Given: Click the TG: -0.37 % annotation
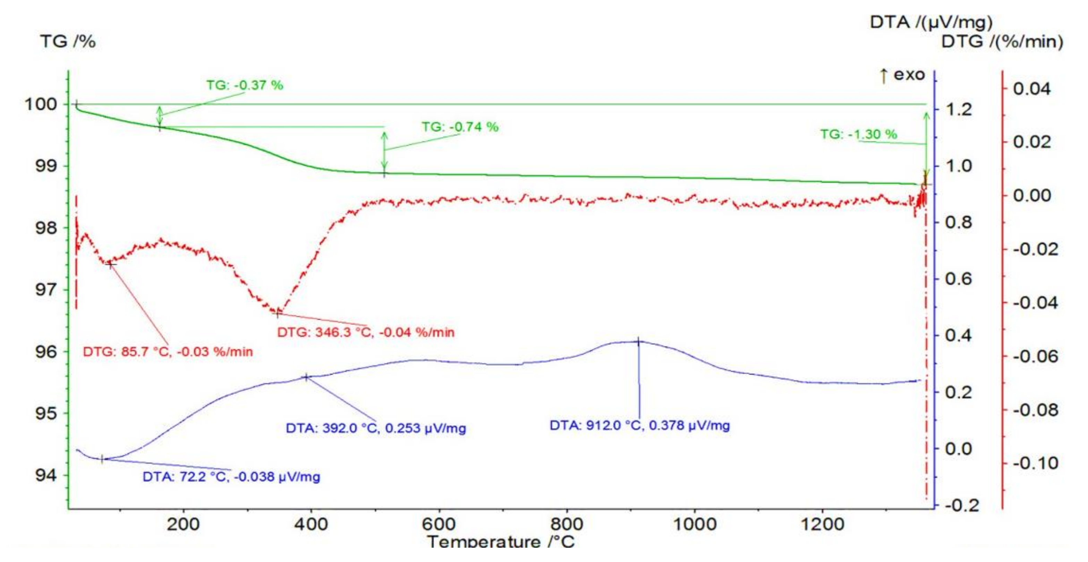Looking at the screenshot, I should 245,85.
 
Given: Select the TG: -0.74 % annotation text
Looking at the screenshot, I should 460,127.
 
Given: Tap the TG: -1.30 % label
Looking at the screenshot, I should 858,135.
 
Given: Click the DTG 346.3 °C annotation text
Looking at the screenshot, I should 366,332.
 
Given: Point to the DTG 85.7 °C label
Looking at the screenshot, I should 168,352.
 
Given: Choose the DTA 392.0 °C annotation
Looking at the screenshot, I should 376,428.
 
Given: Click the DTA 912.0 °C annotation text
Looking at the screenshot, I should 639,425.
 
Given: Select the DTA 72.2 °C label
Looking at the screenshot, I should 231,477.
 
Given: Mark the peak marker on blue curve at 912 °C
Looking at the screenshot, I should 639,342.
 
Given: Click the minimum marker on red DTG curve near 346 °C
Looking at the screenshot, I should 278,314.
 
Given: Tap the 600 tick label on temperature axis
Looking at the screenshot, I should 439,525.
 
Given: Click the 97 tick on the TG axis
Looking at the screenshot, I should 45,290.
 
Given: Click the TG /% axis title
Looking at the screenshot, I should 68,42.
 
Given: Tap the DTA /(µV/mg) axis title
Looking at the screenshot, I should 931,22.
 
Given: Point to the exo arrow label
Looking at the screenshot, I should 903,75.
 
